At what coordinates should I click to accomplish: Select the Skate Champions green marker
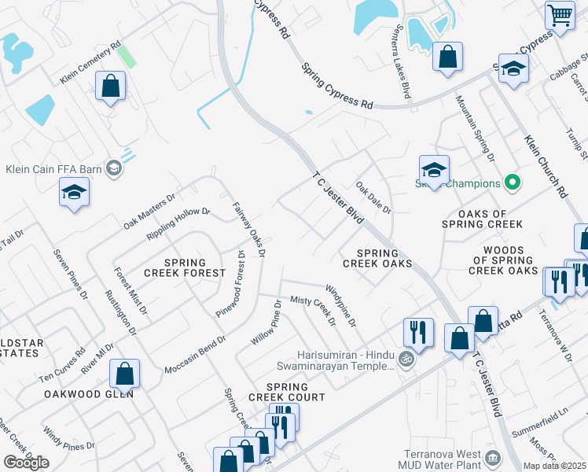513,183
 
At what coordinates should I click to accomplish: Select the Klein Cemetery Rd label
91,64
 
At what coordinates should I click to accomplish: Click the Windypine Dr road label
340,307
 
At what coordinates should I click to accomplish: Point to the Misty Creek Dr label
313,311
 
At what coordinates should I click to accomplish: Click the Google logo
26,463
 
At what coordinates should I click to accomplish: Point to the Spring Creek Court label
296,392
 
